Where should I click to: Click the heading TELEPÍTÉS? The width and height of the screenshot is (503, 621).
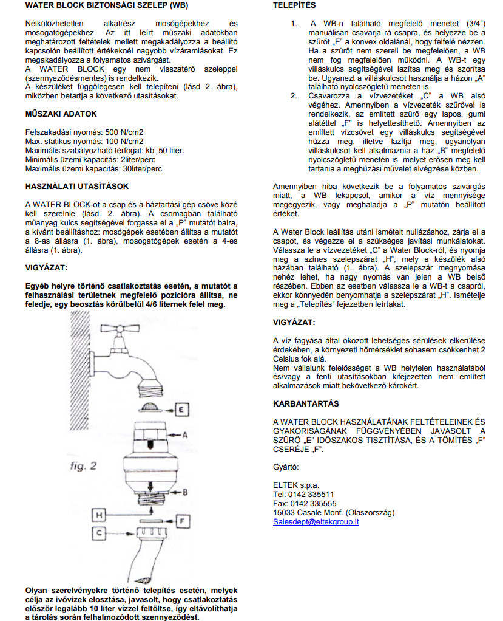point(294,5)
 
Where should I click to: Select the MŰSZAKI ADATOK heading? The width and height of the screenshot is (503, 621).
point(61,114)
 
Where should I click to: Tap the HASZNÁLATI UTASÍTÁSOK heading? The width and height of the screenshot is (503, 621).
point(76,186)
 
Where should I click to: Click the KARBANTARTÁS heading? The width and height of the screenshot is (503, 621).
point(306,403)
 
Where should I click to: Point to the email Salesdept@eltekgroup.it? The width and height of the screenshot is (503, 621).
point(316,521)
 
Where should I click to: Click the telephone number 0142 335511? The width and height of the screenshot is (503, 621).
point(312,495)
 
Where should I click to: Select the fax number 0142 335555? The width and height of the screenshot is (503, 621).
point(313,504)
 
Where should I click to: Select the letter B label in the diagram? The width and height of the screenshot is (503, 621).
point(185,491)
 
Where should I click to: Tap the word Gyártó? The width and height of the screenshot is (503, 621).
point(285,467)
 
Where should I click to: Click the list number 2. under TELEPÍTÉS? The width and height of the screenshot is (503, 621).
point(294,95)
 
